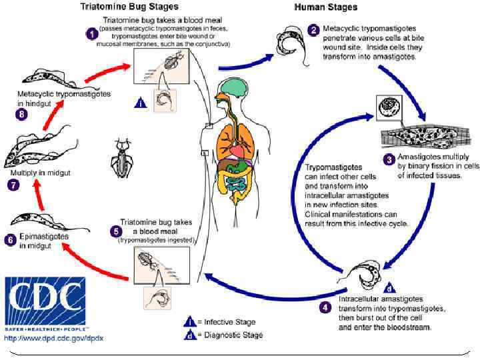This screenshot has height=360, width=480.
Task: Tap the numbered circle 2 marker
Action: pos(314,31)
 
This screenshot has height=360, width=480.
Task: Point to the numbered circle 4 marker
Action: pos(325,307)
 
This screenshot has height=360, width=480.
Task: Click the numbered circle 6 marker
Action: pos(9,239)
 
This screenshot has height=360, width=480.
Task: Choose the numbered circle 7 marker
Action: pos(11,186)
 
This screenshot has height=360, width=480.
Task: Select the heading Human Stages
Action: pos(325,8)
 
